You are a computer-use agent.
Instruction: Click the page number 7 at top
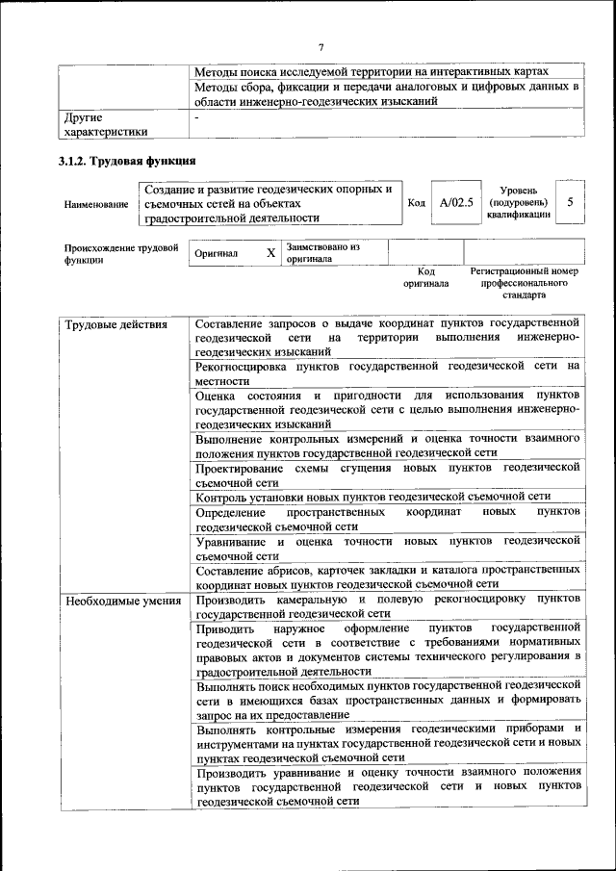click(322, 47)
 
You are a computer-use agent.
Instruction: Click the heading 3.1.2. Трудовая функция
click(128, 160)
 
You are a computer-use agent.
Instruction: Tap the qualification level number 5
click(570, 202)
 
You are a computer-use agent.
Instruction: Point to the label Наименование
click(96, 204)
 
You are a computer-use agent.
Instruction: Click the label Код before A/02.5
click(417, 203)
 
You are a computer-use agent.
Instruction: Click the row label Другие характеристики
click(106, 124)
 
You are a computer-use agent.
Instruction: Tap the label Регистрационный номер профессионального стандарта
click(524, 284)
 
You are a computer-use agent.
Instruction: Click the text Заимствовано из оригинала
click(322, 252)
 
